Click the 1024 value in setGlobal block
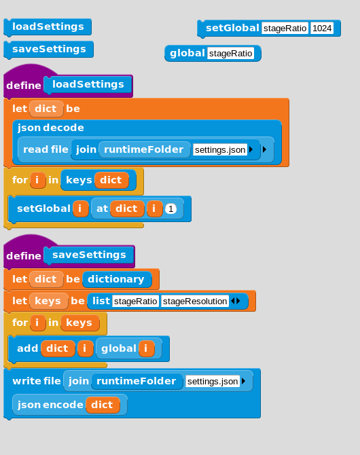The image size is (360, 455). tap(322, 28)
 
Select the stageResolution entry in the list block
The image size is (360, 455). tap(195, 302)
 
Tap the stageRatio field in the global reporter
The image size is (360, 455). tap(230, 54)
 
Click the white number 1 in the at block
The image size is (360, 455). tap(170, 208)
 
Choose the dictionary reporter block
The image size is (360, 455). tap(117, 279)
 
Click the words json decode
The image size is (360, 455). tap(51, 128)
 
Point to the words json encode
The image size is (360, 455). tap(50, 405)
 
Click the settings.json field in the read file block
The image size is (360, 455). tap(220, 149)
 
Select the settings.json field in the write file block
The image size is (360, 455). tap(213, 381)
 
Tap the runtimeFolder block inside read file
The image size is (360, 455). tap(144, 149)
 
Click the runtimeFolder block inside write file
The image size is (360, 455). tap(137, 381)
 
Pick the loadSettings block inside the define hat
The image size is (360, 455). tap(88, 85)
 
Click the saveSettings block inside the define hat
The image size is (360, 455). tap(89, 255)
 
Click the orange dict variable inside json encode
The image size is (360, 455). tap(103, 405)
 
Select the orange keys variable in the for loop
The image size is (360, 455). tap(79, 323)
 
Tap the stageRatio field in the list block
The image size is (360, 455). tap(136, 302)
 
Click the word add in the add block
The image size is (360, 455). tap(28, 348)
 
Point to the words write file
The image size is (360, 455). tap(37, 381)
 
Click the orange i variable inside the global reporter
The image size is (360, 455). tap(146, 348)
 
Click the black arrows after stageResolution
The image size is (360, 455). tap(236, 302)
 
